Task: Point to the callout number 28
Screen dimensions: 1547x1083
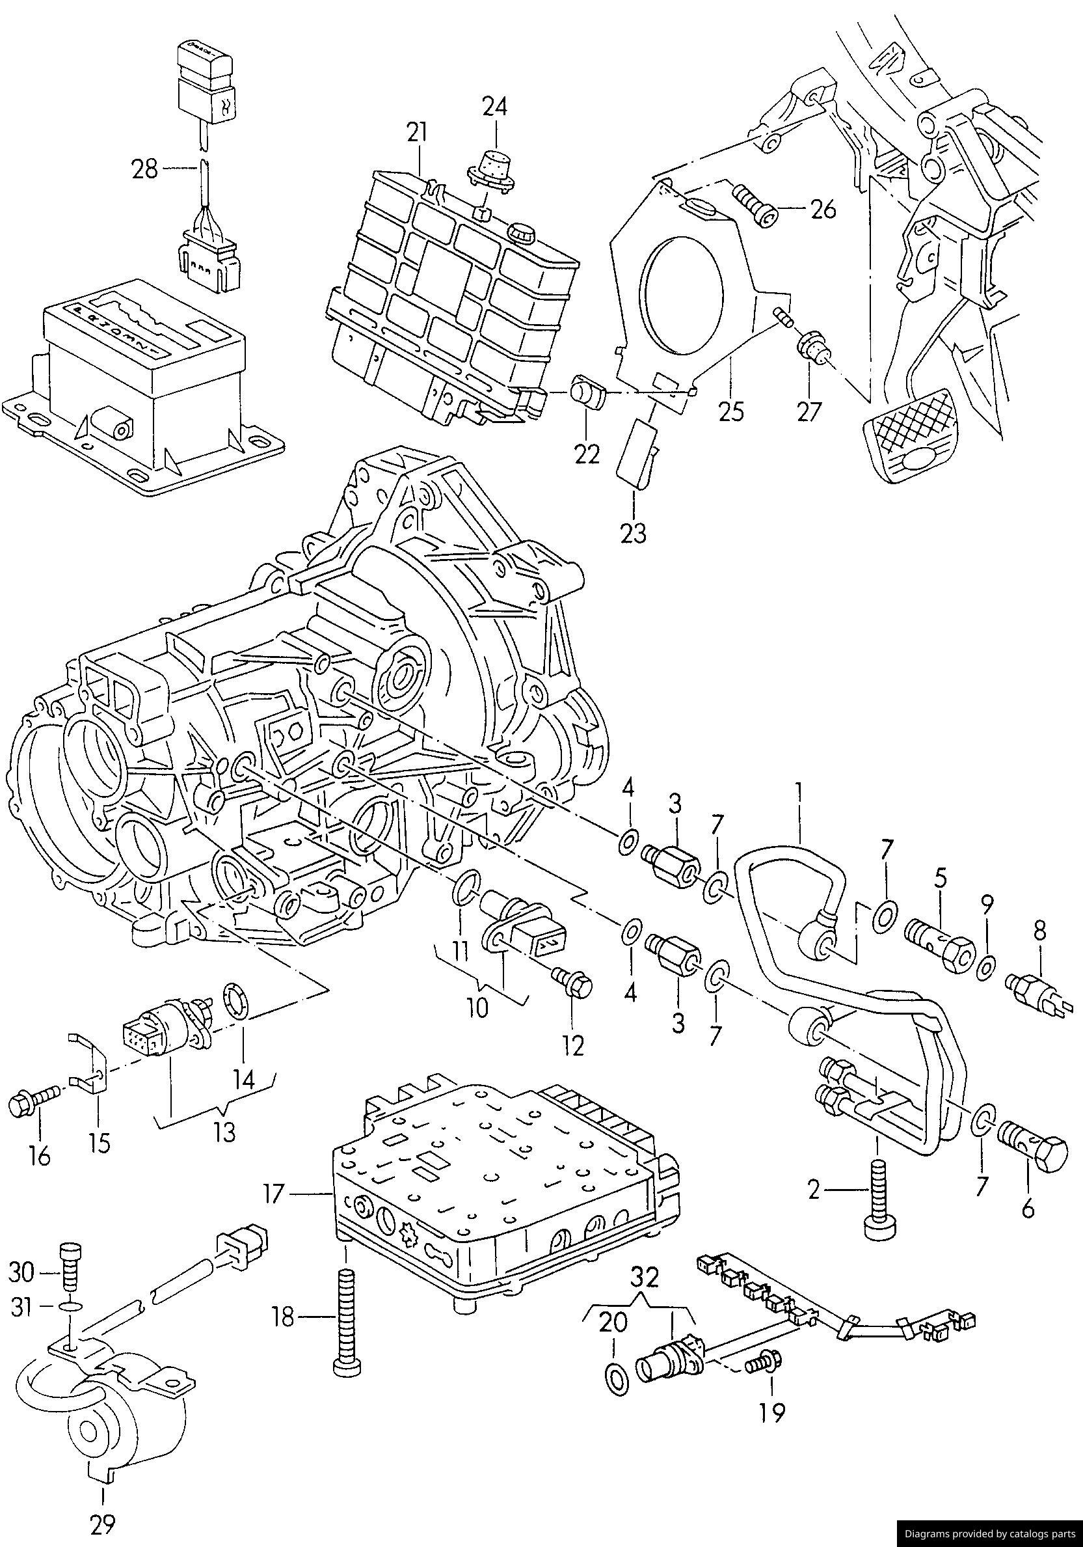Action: pyautogui.click(x=144, y=169)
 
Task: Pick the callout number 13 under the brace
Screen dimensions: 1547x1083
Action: pyautogui.click(x=224, y=1132)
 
